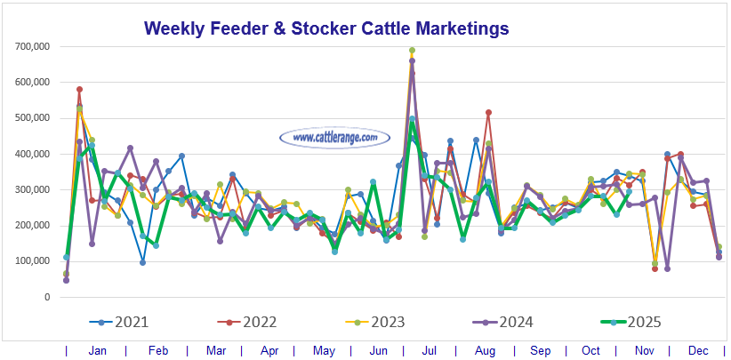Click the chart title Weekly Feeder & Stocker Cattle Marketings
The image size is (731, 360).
pyautogui.click(x=326, y=28)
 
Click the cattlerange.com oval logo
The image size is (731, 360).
pyautogui.click(x=334, y=138)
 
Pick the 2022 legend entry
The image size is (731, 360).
pyautogui.click(x=249, y=322)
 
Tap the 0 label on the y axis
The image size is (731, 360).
pyautogui.click(x=45, y=297)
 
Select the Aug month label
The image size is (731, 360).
pyautogui.click(x=488, y=351)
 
